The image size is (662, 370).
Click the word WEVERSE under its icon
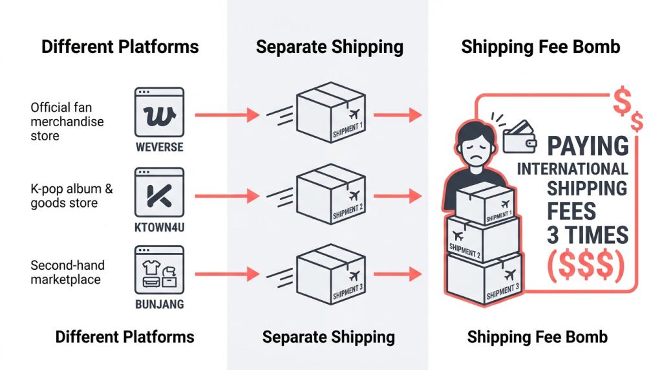pyautogui.click(x=159, y=146)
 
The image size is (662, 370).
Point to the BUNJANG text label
pyautogui.click(x=159, y=303)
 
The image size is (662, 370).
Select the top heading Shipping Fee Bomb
pyautogui.click(x=540, y=47)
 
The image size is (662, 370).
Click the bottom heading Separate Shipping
pyautogui.click(x=328, y=336)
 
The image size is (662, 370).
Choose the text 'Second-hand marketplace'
pyautogui.click(x=67, y=272)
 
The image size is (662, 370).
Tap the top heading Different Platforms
pyautogui.click(x=120, y=47)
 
